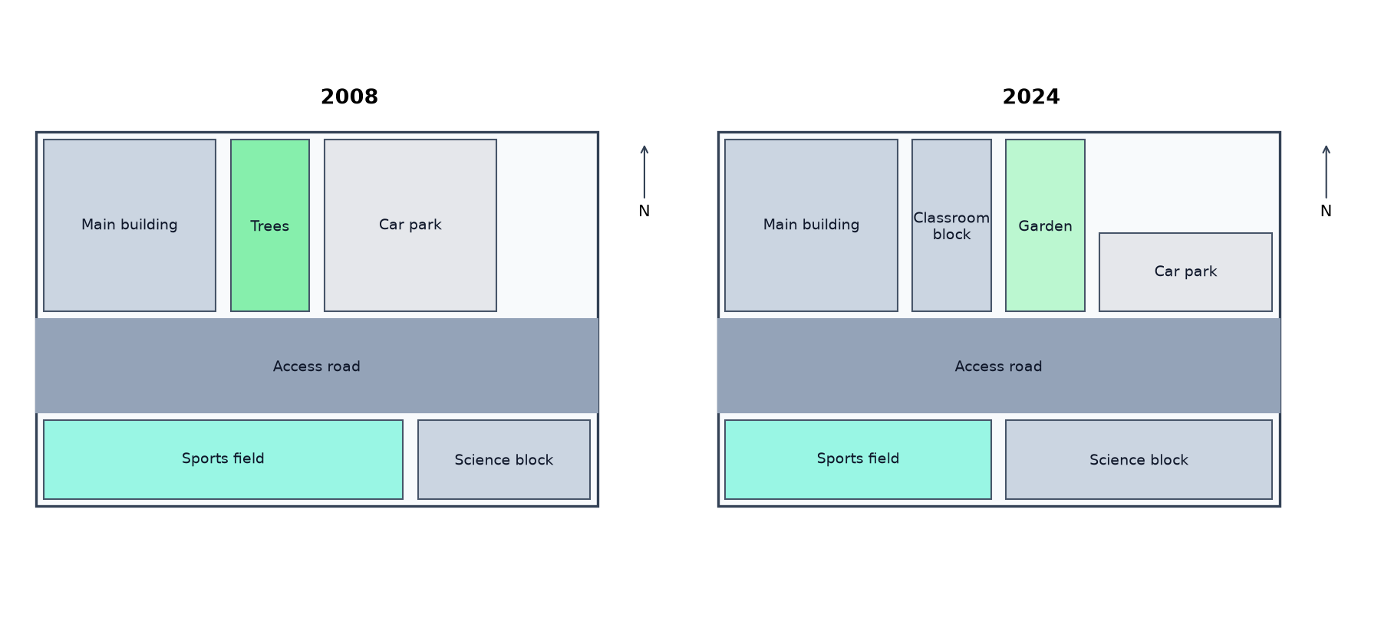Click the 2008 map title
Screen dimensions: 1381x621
[x=349, y=97]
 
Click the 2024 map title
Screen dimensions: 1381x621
[x=1031, y=97]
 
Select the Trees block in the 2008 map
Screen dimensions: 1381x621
[x=270, y=225]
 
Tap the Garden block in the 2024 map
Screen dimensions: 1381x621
[x=1045, y=225]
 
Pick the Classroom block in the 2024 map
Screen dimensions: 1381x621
[x=951, y=225]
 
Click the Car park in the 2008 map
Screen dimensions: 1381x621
[x=410, y=225]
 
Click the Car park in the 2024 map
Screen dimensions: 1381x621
[x=1185, y=272]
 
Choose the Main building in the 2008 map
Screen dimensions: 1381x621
[x=130, y=225]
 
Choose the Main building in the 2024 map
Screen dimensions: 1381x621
[x=811, y=225]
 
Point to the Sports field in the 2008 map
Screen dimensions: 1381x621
[x=223, y=459]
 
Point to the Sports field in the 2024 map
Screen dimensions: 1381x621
[x=858, y=459]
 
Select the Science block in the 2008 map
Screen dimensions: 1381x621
[x=504, y=459]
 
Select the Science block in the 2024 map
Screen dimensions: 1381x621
[x=1139, y=459]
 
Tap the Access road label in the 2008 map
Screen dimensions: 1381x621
[x=317, y=366]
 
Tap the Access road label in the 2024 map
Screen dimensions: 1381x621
[x=998, y=366]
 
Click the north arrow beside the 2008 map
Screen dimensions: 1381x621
[x=644, y=172]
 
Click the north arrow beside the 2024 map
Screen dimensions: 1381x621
[x=1326, y=172]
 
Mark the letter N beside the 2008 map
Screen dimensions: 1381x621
[x=644, y=212]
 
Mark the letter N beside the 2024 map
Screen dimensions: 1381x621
[x=1326, y=212]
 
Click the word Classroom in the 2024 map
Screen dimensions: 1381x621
[x=951, y=218]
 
